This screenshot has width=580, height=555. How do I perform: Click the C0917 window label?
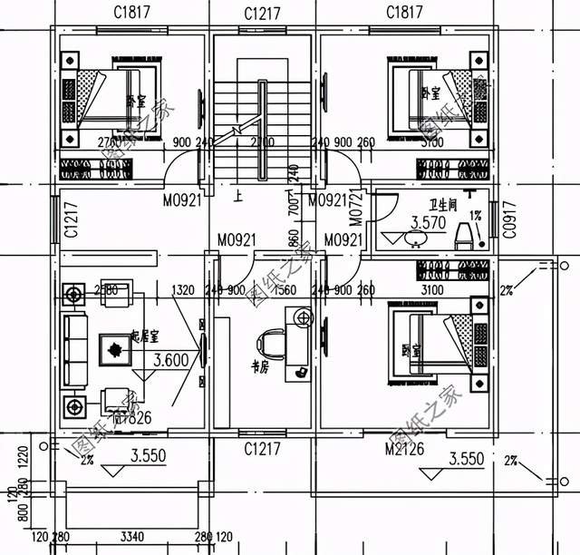508,219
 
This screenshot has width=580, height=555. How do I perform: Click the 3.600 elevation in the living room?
170,359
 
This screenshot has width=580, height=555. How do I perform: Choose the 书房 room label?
260,367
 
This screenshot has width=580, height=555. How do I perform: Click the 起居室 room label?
144,336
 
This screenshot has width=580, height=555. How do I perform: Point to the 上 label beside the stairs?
237,195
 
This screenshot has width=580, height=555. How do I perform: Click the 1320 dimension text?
184,290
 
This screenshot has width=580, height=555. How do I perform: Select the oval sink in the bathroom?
416,239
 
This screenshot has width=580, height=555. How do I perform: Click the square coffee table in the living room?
115,348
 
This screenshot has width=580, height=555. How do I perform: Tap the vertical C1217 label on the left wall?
69,220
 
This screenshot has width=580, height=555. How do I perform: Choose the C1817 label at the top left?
132,13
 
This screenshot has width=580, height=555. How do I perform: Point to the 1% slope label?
475,216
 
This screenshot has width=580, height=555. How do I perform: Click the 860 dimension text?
292,243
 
